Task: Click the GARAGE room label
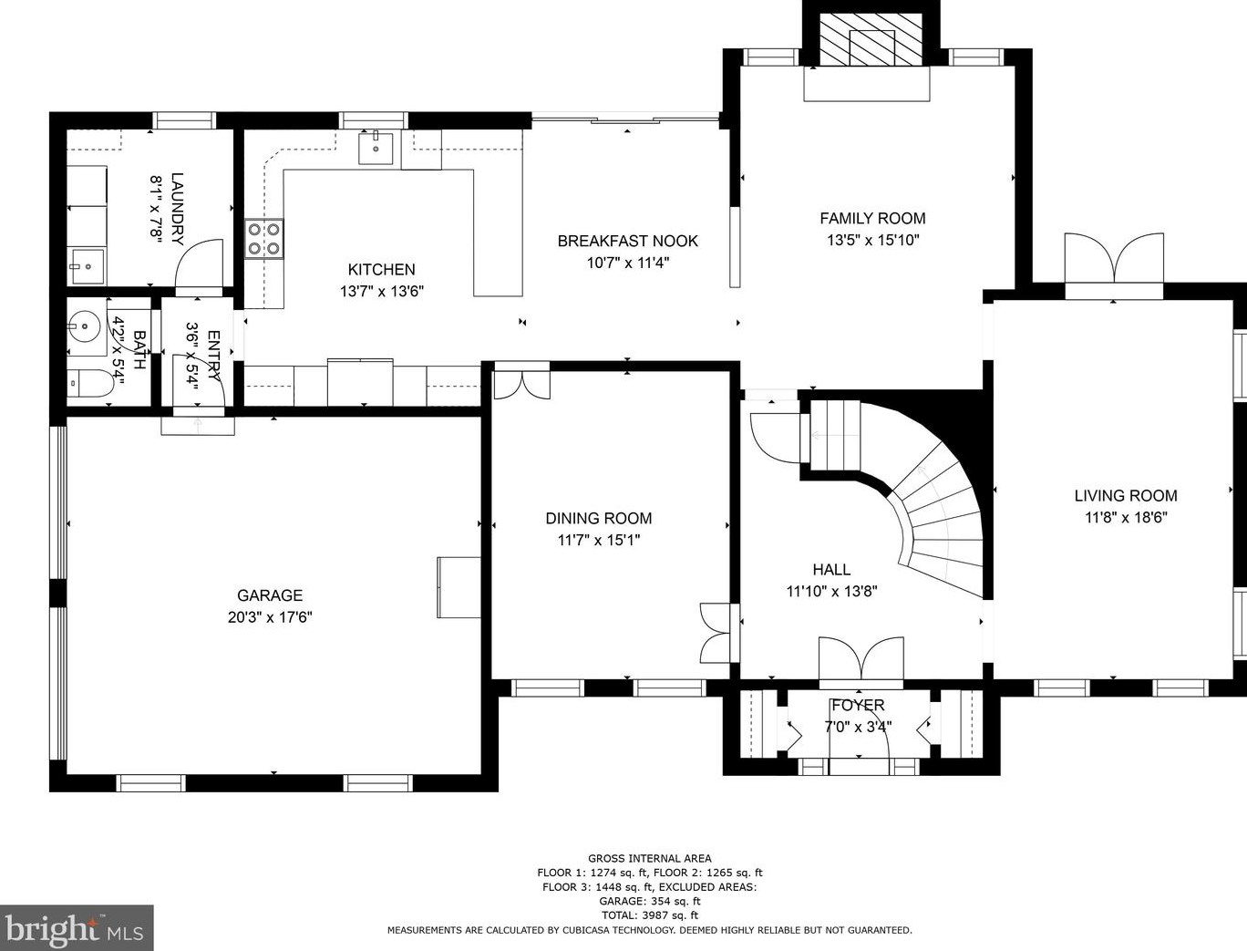(270, 595)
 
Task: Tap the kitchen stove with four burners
(263, 239)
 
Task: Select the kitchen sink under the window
(375, 147)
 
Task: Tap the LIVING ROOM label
(1125, 496)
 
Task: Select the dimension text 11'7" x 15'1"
(599, 540)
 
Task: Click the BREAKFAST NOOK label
(627, 241)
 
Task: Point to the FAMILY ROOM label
(872, 218)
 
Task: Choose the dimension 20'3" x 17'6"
(270, 617)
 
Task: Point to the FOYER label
(858, 705)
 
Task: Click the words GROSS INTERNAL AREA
(649, 858)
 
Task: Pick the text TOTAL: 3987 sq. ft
(649, 915)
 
